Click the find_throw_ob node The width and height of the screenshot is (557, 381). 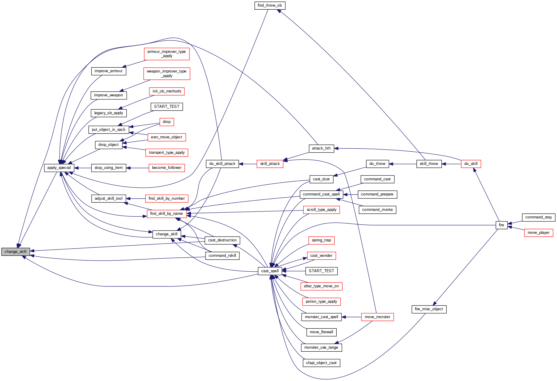click(270, 5)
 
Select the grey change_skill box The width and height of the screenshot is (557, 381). click(15, 252)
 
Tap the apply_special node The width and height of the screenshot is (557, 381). click(59, 168)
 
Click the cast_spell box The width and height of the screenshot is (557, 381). click(270, 271)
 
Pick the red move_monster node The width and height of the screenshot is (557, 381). click(377, 317)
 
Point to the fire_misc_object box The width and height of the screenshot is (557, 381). click(429, 309)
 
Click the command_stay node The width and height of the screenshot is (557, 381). click(538, 217)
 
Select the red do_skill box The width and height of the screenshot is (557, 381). click(471, 164)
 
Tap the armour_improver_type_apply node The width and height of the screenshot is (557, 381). click(167, 54)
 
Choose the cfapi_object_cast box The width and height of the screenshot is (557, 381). click(321, 363)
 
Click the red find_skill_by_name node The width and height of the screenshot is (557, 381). click(166, 214)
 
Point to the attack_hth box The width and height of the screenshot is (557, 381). click(321, 148)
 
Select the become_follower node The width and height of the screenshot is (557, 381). click(167, 168)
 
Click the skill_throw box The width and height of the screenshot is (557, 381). click(429, 164)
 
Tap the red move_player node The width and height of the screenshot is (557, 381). click(538, 233)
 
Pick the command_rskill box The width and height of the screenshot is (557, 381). click(222, 256)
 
